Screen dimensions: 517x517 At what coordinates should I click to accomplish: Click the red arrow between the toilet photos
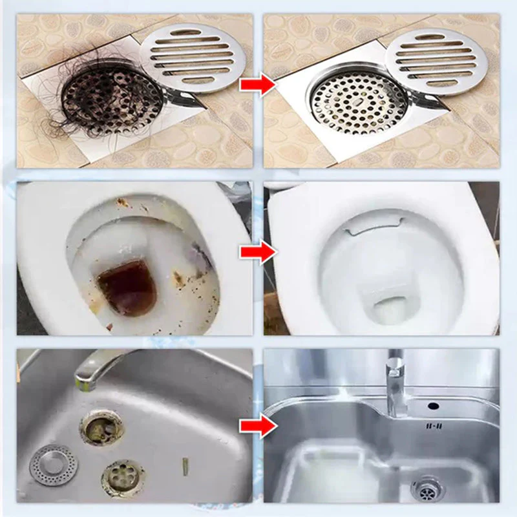[257, 252]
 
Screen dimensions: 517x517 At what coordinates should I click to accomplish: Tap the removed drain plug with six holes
[123, 478]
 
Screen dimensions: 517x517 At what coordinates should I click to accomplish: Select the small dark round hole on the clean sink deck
[433, 406]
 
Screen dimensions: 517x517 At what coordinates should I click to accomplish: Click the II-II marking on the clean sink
[434, 427]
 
